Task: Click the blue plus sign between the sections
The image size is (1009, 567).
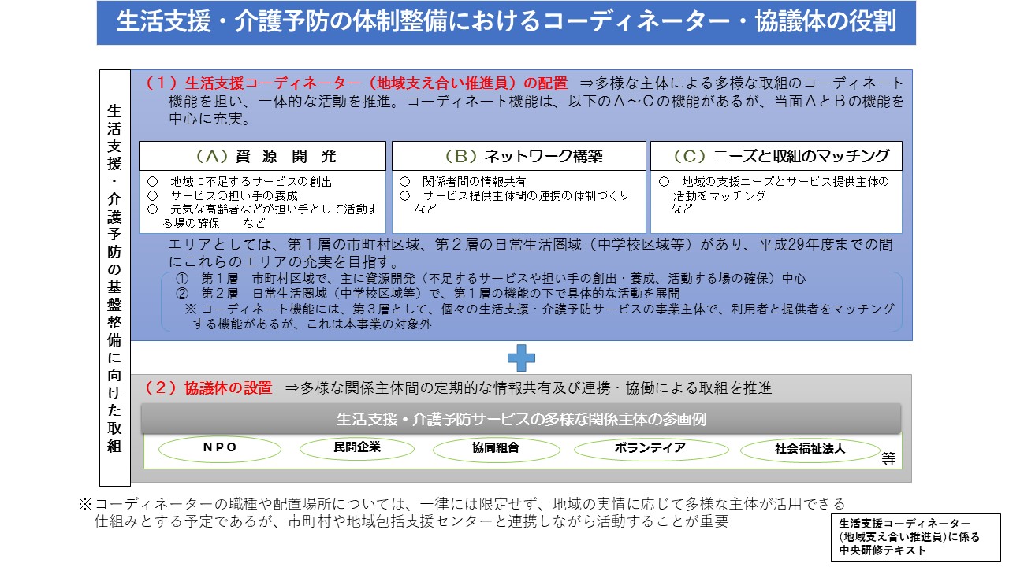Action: tap(521, 358)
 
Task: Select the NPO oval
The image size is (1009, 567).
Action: tap(220, 448)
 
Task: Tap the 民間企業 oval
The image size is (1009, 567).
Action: tap(357, 447)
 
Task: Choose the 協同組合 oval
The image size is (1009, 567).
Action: tap(496, 448)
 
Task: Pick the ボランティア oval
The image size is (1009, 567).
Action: tap(651, 448)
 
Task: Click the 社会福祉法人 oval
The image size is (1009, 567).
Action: tap(810, 449)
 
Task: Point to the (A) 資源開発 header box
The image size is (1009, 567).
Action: tap(262, 156)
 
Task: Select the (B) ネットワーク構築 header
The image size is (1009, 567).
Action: tap(519, 156)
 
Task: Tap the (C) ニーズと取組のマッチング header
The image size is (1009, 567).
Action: tap(776, 156)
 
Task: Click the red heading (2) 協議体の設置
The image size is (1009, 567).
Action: tap(209, 388)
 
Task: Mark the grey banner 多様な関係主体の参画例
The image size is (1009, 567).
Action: tap(521, 419)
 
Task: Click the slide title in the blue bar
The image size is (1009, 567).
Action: tap(506, 21)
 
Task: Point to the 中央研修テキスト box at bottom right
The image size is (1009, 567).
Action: tap(916, 537)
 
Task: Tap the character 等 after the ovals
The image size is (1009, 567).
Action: tap(888, 459)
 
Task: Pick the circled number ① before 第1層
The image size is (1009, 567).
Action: tap(182, 279)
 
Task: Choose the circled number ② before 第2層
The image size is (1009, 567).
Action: tap(182, 294)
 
